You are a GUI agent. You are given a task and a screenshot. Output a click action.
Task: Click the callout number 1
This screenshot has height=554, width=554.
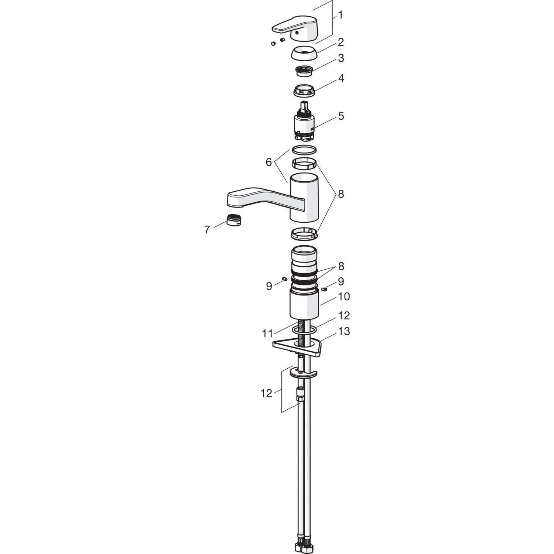[340, 15]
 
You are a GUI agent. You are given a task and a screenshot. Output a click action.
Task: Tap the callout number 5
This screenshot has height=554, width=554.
[341, 116]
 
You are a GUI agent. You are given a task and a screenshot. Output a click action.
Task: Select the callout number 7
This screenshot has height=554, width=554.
[207, 230]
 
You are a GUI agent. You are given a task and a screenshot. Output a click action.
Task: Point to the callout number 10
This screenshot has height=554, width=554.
[344, 297]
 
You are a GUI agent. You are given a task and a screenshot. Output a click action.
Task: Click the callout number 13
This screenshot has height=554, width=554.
[344, 331]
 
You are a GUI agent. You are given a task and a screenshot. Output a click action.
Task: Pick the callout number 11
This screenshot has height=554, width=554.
[267, 334]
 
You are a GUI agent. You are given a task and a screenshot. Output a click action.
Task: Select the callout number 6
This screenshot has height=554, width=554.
[269, 162]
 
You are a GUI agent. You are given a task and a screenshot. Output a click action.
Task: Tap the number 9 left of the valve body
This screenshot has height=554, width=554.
[269, 286]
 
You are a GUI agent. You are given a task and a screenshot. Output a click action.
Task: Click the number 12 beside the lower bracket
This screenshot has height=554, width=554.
[266, 393]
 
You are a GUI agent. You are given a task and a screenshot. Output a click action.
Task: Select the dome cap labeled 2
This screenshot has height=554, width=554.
[304, 53]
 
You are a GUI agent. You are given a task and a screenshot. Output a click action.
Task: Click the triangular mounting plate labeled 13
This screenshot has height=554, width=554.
[297, 347]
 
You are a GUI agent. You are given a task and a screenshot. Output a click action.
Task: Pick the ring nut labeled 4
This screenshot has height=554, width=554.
[304, 90]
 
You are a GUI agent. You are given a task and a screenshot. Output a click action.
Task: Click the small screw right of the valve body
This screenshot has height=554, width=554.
[325, 289]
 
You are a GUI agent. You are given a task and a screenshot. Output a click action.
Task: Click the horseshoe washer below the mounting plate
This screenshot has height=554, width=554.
[304, 374]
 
